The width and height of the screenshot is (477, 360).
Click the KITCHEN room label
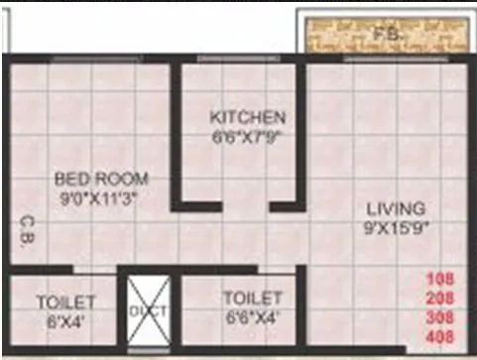[x=247, y=117]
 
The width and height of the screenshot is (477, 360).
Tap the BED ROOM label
[x=101, y=179]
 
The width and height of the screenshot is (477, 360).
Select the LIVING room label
[x=396, y=208]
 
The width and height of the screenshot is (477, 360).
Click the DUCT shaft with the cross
[x=149, y=309]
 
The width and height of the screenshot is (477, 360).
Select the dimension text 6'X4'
[x=65, y=319]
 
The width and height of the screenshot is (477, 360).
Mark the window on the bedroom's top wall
[x=94, y=59]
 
